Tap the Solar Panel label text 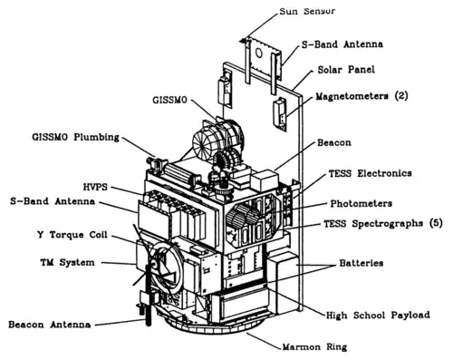click(347, 70)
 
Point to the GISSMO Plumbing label click(56, 137)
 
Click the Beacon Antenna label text click(48, 323)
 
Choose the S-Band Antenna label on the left click(46, 201)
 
